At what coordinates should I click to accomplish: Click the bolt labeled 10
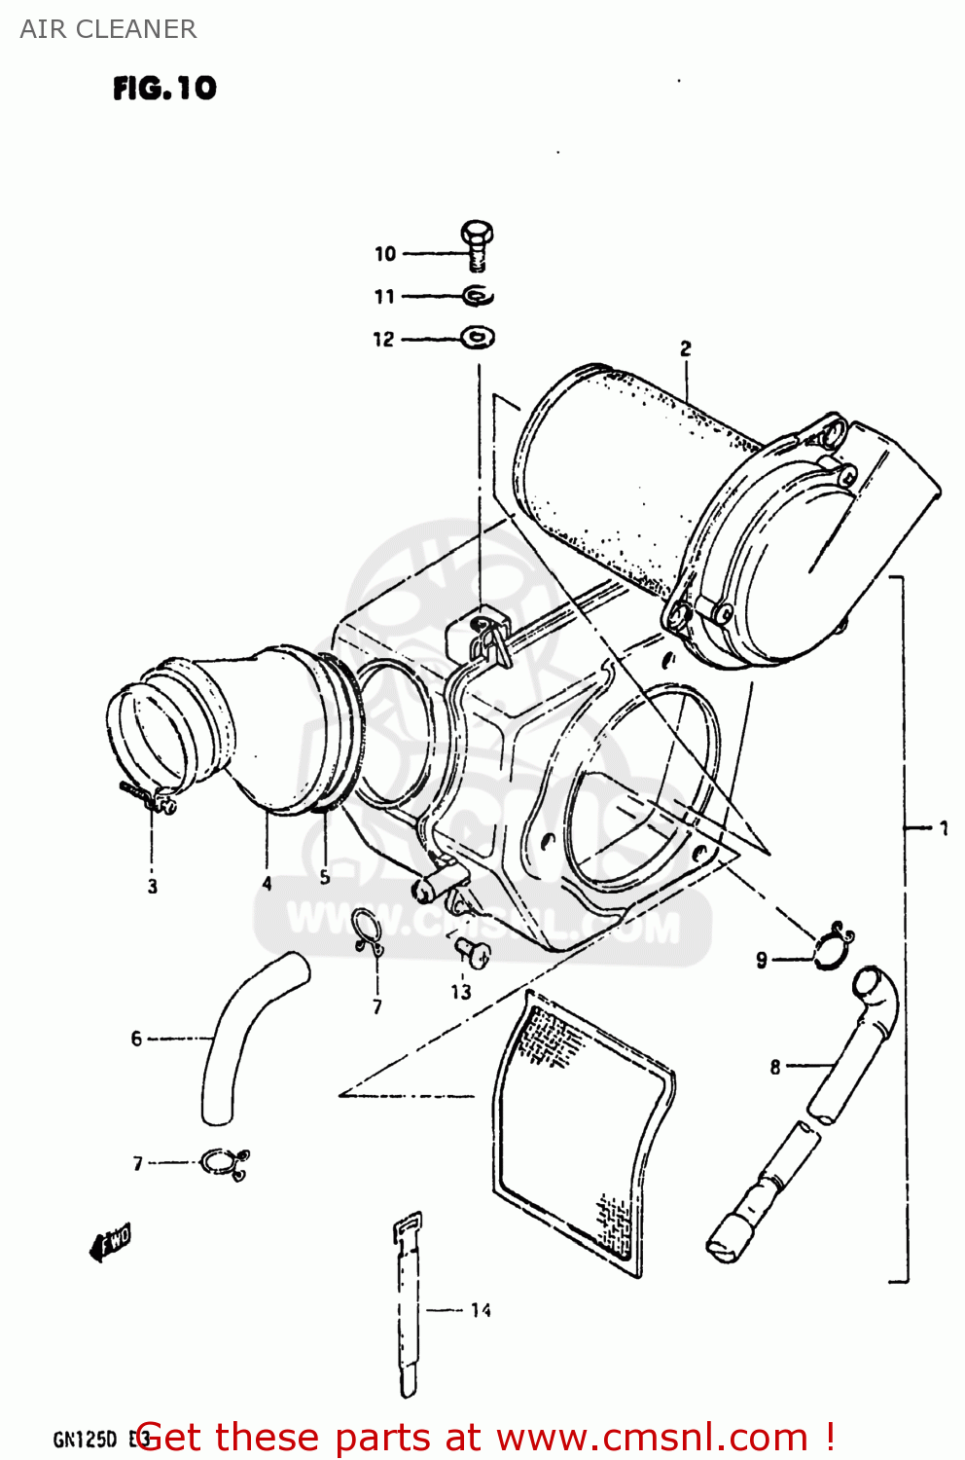tap(476, 244)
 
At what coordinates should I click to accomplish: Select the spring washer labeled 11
tap(478, 295)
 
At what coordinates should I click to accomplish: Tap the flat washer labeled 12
tap(477, 338)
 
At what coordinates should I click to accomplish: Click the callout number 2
tap(686, 347)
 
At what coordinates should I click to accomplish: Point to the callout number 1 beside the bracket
tap(943, 828)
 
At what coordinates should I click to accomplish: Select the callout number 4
tap(267, 884)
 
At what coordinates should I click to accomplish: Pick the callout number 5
tap(325, 877)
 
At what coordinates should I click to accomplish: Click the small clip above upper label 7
tap(367, 931)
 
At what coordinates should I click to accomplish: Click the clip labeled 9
tap(834, 946)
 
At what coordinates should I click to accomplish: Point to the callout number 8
tap(775, 1067)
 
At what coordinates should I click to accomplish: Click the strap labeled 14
tap(409, 1304)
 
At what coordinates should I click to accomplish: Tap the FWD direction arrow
tap(110, 1243)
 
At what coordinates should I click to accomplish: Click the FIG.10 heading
tap(164, 89)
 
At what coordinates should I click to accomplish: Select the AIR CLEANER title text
tap(108, 29)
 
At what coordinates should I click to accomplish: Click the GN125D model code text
tap(86, 1439)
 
